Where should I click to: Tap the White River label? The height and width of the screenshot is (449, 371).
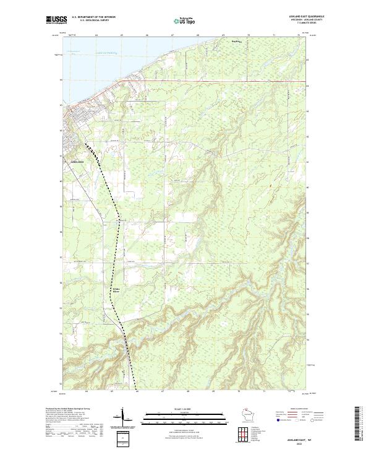click(116, 289)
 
